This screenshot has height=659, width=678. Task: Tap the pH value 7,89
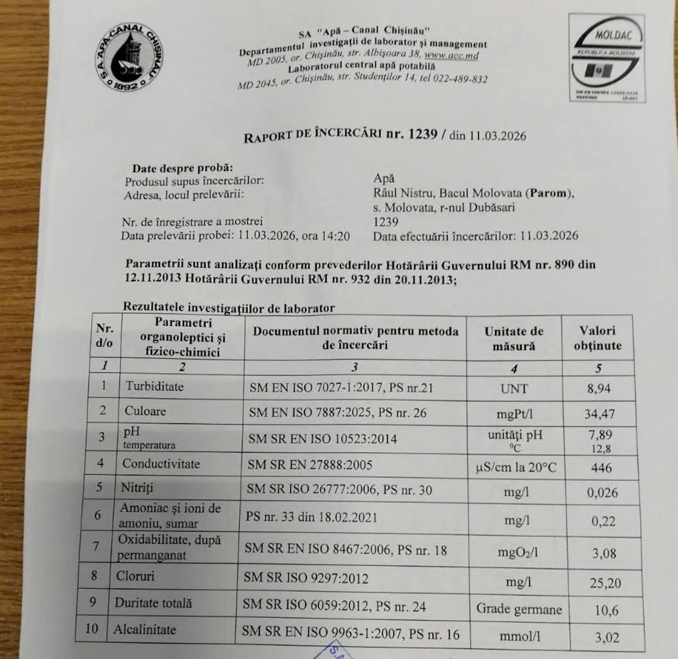[x=600, y=434]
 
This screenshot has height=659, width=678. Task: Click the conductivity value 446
[x=601, y=468]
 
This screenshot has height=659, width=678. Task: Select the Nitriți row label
[x=137, y=488]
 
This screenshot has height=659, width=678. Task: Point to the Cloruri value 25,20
[x=604, y=583]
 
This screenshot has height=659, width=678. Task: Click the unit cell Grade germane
[x=519, y=609]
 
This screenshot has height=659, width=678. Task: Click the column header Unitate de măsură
[x=514, y=338]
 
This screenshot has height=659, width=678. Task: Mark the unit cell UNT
[x=514, y=388]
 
